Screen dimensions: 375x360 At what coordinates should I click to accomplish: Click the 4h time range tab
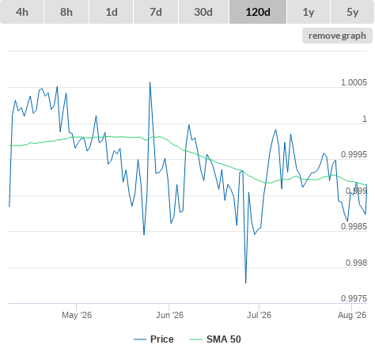point(22,12)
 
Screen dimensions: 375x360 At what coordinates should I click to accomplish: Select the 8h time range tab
point(66,12)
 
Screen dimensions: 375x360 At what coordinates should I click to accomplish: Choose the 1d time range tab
point(112,12)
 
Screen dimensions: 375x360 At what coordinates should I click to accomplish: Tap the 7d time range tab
point(156,12)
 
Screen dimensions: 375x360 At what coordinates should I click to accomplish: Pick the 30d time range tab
point(203,12)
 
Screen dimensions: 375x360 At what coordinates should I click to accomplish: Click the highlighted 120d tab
point(258,12)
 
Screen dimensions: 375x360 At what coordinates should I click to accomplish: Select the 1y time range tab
point(309,12)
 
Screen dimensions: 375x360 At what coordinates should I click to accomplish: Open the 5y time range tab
point(353,12)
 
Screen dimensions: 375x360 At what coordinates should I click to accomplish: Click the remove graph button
point(337,36)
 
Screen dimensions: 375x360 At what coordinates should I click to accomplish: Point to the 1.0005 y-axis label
point(354,82)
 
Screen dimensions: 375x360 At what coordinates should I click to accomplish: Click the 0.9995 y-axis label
point(354,154)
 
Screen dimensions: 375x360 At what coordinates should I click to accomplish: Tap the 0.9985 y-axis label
point(354,226)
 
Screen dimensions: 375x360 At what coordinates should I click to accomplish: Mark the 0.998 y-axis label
point(356,263)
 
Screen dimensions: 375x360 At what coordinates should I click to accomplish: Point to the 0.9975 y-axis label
point(354,298)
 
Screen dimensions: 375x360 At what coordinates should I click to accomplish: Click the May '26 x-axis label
point(77,315)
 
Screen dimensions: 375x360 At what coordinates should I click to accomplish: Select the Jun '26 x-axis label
point(169,315)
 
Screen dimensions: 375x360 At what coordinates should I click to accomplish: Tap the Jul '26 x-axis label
point(259,315)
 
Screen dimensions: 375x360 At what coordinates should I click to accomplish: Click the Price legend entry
point(153,339)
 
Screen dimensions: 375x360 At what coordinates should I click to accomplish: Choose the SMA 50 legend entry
point(215,339)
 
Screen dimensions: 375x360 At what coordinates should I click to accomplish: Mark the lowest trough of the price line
point(246,283)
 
